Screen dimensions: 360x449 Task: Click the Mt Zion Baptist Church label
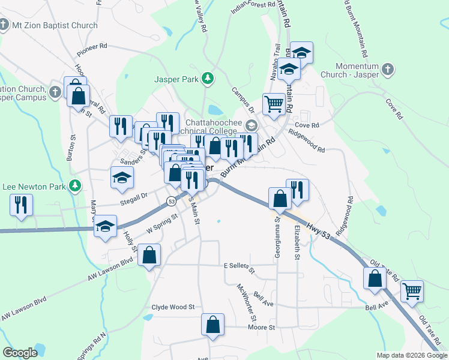coord(55,25)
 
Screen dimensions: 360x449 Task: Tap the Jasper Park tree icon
coord(207,78)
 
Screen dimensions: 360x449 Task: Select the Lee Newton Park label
coord(34,187)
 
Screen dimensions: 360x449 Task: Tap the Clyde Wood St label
coord(173,307)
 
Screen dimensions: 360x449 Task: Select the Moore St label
coord(262,328)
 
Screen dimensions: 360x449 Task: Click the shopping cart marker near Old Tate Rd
coord(412,291)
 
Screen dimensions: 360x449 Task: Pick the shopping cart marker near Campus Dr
coord(274,103)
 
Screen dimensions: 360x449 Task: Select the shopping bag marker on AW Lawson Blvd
coord(149,255)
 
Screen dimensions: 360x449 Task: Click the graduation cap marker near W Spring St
coord(106,226)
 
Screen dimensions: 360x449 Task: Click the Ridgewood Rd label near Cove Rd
coord(306,141)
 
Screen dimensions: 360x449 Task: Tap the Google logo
coord(20,353)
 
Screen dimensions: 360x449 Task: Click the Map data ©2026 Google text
coord(411,355)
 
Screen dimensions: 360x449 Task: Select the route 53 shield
coord(172,200)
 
